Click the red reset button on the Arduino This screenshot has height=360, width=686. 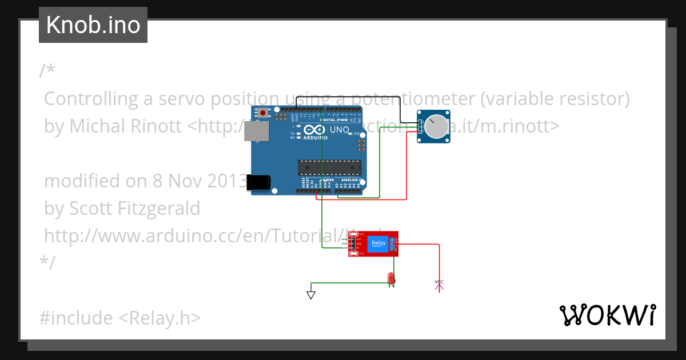point(262,113)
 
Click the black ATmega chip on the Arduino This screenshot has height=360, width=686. point(329,167)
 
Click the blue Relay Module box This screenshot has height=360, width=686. point(378,244)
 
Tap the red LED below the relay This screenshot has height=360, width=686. point(391,278)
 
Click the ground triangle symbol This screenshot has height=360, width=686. point(311,295)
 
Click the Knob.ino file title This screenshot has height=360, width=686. point(93,25)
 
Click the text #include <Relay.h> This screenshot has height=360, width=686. point(120,318)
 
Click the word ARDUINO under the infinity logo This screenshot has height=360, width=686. point(316,138)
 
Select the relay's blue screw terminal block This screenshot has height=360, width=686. point(393,245)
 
